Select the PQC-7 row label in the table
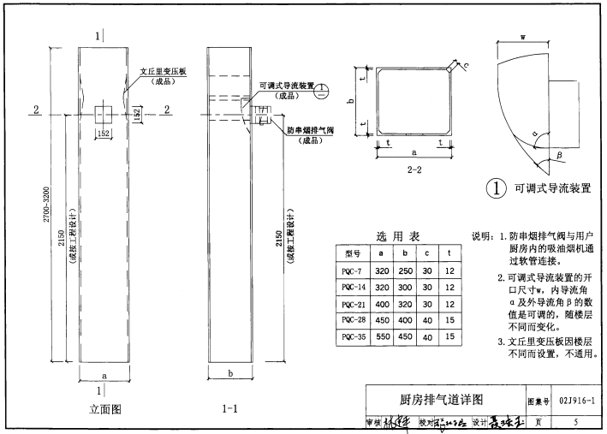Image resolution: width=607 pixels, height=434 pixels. point(353,270)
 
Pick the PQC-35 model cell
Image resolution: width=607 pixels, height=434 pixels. point(353,336)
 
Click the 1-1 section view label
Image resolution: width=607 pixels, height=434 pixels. point(229,409)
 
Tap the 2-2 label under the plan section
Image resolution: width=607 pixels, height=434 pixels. point(414,169)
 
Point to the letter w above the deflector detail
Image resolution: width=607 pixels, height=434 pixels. point(522,37)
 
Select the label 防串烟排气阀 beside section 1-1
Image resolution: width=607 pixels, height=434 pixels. point(309,130)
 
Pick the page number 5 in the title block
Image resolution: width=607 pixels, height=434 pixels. point(575,422)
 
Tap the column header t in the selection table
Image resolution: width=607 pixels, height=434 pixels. point(449,253)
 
